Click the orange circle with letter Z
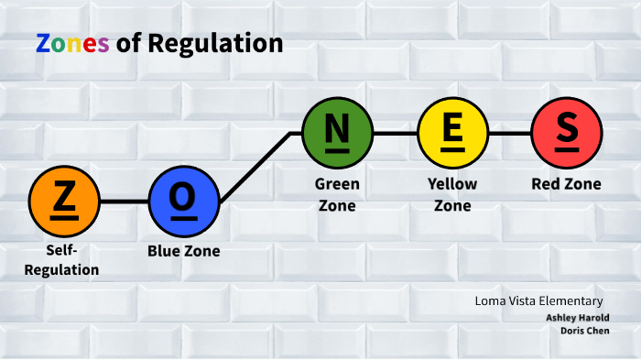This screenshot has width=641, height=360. pyautogui.click(x=64, y=201)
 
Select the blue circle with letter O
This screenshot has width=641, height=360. pyautogui.click(x=183, y=201)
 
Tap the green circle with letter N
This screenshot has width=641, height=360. pyautogui.click(x=337, y=133)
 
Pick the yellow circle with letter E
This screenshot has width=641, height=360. pyautogui.click(x=452, y=133)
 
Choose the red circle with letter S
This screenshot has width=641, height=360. pyautogui.click(x=567, y=133)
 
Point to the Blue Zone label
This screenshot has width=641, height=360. pyautogui.click(x=183, y=250)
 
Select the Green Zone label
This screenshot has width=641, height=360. pyautogui.click(x=337, y=194)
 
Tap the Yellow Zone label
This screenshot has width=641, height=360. pyautogui.click(x=452, y=194)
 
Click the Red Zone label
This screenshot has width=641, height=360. pyautogui.click(x=566, y=184)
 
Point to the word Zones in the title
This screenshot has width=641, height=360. pyautogui.click(x=72, y=43)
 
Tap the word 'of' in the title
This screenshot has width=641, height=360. pyautogui.click(x=128, y=43)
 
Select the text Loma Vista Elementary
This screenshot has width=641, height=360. pyautogui.click(x=538, y=300)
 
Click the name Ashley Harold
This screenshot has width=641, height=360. pyautogui.click(x=578, y=317)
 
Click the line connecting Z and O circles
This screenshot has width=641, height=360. pyautogui.click(x=124, y=201)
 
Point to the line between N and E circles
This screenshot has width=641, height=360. pyautogui.click(x=395, y=133)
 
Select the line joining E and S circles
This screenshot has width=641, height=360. pyautogui.click(x=509, y=133)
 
